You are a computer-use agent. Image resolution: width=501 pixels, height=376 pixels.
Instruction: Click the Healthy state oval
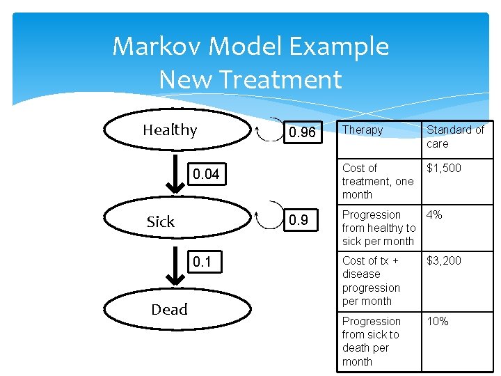(170, 130)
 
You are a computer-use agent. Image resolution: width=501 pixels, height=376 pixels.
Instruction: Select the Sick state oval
(170, 221)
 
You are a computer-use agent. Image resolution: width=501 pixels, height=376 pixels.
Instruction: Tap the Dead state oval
(170, 309)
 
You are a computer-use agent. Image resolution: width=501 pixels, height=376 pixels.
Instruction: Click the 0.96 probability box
(302, 132)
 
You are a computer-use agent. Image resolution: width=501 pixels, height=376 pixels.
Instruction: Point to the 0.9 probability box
(299, 220)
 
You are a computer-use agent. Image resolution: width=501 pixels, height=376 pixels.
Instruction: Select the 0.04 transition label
(206, 174)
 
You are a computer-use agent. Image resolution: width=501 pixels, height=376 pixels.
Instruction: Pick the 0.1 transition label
(201, 263)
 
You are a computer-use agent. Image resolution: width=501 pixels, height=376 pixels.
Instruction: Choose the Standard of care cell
(454, 136)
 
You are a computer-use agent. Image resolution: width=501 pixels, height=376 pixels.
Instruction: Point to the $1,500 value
(443, 168)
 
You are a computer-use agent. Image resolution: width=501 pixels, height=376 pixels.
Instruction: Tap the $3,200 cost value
(443, 260)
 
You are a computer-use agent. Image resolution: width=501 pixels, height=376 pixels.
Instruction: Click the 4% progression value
(434, 214)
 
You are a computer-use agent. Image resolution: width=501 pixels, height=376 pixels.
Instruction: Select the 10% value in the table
(438, 321)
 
